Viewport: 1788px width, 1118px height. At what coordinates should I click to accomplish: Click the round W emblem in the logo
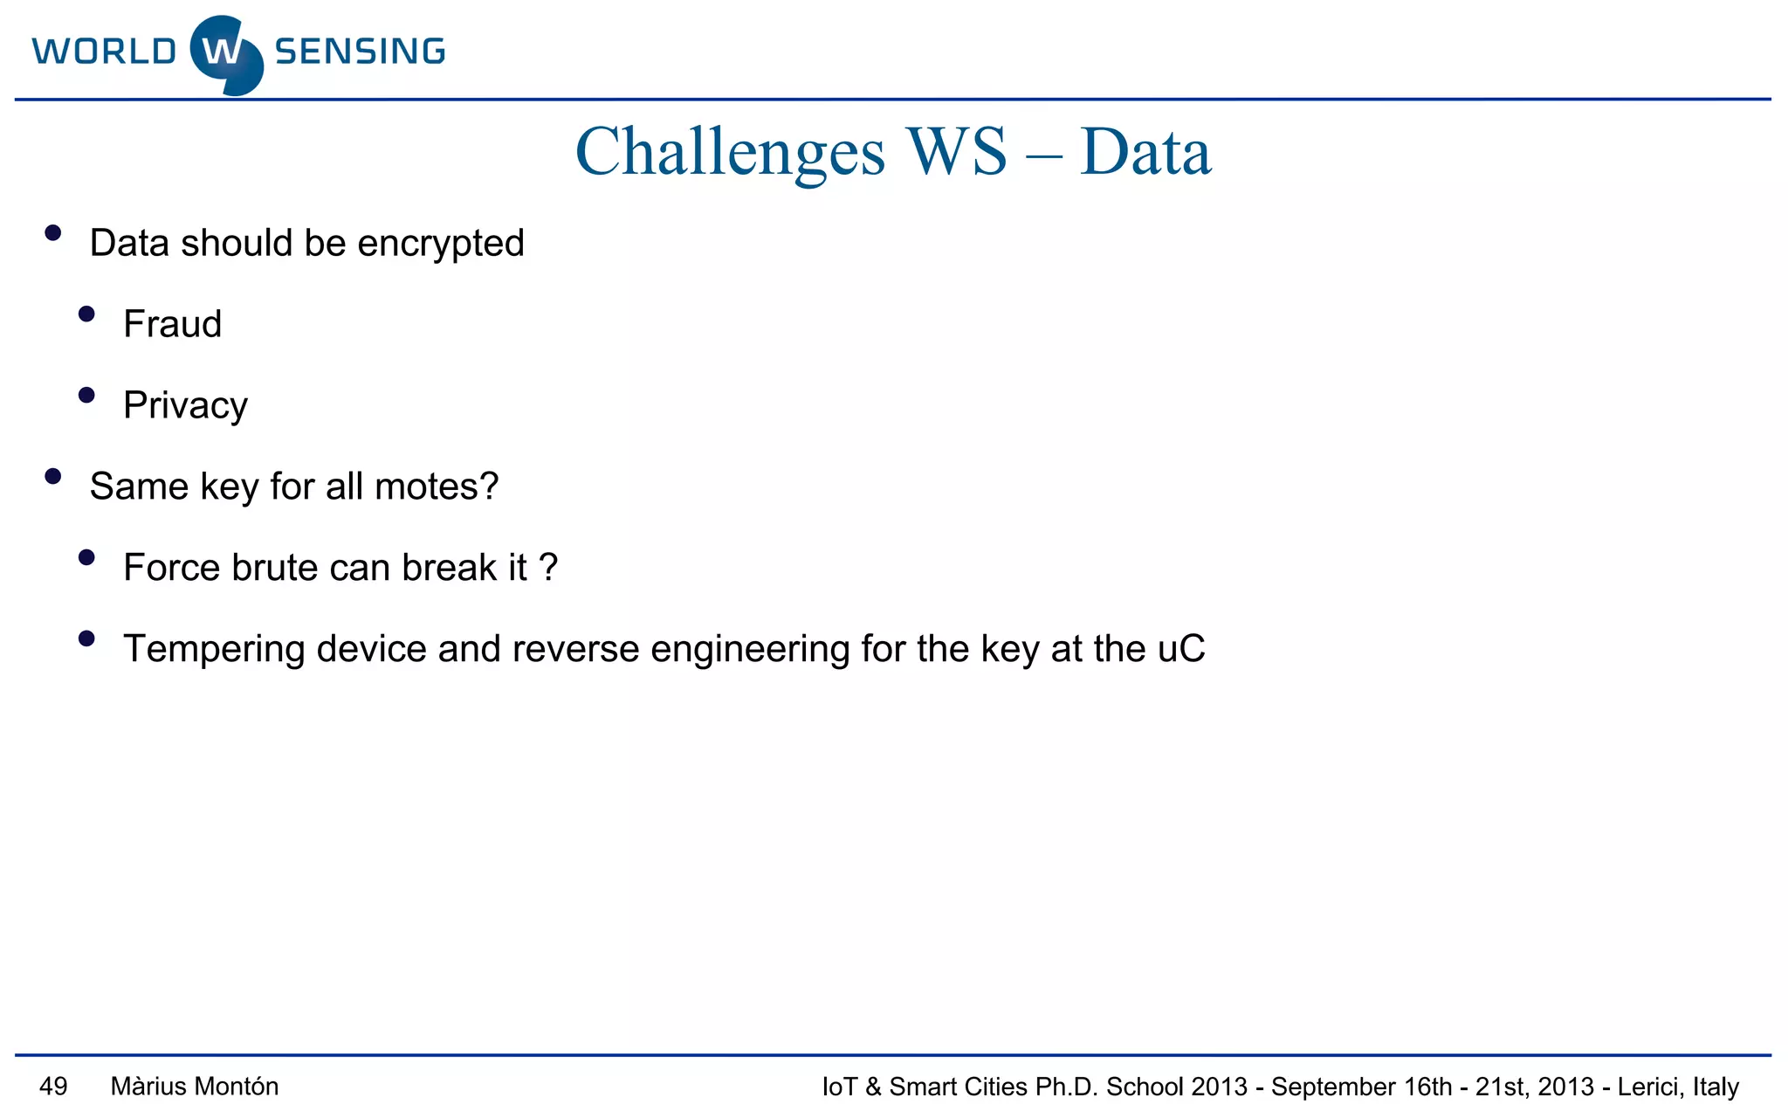coord(226,54)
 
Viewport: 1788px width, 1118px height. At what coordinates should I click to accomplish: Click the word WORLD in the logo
coord(105,52)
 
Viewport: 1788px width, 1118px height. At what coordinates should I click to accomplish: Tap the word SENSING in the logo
coord(360,52)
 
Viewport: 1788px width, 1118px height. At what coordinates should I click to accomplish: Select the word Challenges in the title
coord(730,153)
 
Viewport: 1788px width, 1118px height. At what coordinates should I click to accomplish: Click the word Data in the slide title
coord(1145,152)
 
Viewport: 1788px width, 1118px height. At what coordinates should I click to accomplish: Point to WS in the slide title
coord(956,152)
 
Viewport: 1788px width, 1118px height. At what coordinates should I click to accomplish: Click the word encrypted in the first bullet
coord(441,244)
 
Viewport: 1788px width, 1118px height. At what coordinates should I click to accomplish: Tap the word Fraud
coord(173,324)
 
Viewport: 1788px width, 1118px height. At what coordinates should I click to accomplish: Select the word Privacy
coord(185,406)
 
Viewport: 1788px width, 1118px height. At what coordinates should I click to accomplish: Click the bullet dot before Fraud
coord(86,314)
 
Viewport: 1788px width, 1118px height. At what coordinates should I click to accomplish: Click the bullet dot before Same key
coord(53,477)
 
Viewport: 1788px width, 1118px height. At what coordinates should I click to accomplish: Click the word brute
coord(274,568)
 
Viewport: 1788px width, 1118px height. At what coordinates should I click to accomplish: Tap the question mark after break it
coord(548,568)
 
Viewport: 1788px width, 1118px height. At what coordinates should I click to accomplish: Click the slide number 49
coord(53,1087)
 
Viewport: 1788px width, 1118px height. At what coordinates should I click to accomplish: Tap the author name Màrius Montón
coord(195,1087)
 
